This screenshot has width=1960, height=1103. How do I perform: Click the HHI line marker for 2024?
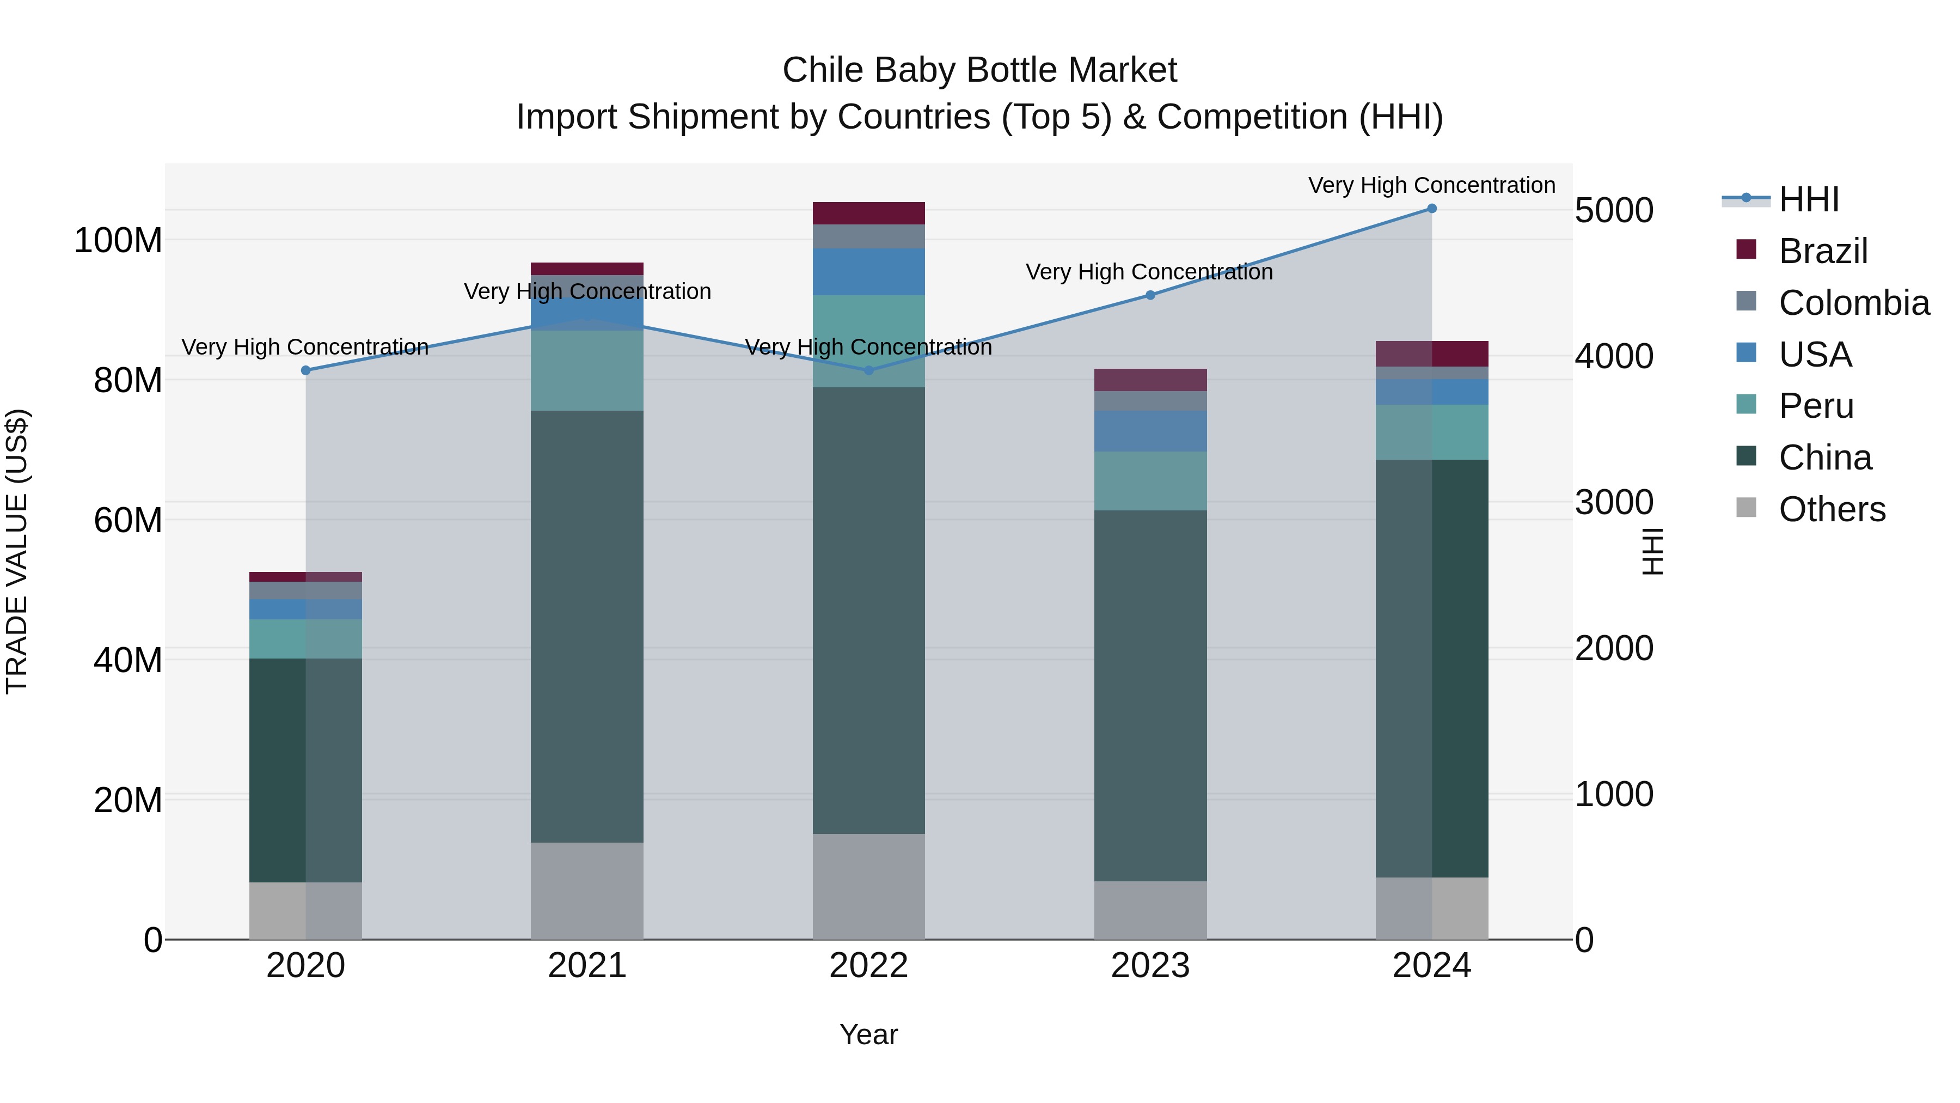coord(1431,209)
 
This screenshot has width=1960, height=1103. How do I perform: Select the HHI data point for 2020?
coord(306,371)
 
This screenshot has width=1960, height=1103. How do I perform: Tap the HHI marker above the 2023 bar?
coord(1150,295)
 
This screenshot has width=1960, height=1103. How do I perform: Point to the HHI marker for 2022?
coord(869,371)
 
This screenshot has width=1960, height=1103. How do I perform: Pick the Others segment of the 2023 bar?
coord(1150,910)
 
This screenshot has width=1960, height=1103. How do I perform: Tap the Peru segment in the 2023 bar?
coord(1150,480)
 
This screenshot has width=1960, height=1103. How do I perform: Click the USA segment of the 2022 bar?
coord(868,272)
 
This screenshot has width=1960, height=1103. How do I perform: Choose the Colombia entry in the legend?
coord(1853,303)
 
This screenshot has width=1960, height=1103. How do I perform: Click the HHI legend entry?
coord(1809,199)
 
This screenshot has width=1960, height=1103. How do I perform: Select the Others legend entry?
coord(1832,509)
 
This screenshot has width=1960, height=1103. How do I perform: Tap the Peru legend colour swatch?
coord(1746,404)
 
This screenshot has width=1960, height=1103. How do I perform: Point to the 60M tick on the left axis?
coord(128,521)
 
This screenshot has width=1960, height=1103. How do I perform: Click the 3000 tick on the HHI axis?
coord(1614,502)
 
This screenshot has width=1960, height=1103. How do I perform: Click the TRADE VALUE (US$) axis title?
coord(17,551)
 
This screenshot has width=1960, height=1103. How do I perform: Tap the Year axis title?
coord(868,1034)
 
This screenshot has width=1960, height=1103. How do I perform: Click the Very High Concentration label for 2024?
coord(1431,185)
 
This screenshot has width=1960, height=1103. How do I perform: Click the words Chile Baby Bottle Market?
coord(979,70)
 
